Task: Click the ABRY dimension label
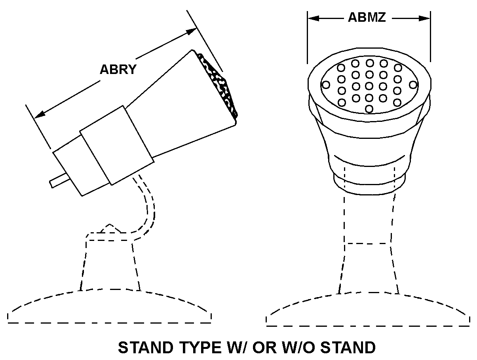pyautogui.click(x=118, y=70)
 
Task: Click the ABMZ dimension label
pyautogui.click(x=367, y=17)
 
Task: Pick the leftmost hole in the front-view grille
pyautogui.click(x=326, y=85)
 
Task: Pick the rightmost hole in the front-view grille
pyautogui.click(x=413, y=85)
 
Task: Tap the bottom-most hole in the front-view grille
pyautogui.click(x=369, y=108)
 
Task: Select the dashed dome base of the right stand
pyautogui.click(x=368, y=311)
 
